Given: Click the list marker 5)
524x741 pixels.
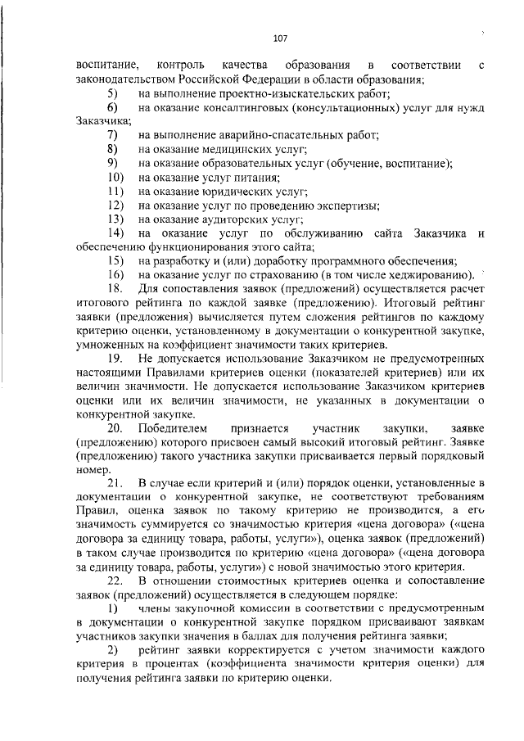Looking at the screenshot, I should click(x=112, y=93).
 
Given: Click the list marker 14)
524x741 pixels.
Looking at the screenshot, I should click(x=115, y=233).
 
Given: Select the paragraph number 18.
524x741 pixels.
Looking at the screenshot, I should click(x=115, y=290).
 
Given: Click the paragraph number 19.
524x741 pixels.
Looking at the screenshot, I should click(x=115, y=359).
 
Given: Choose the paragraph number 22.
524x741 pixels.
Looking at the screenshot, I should click(x=115, y=582).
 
